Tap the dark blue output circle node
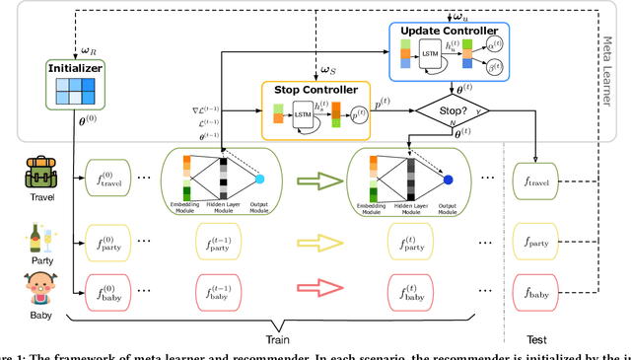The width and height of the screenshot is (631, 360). point(450,180)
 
